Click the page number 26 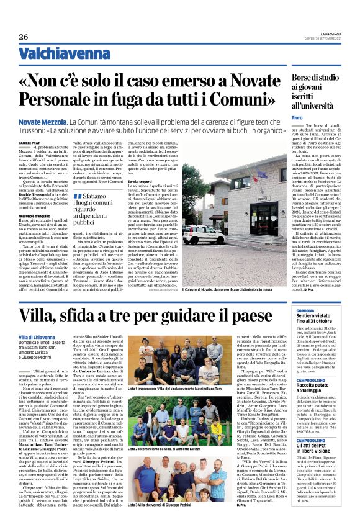[x=24, y=37]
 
